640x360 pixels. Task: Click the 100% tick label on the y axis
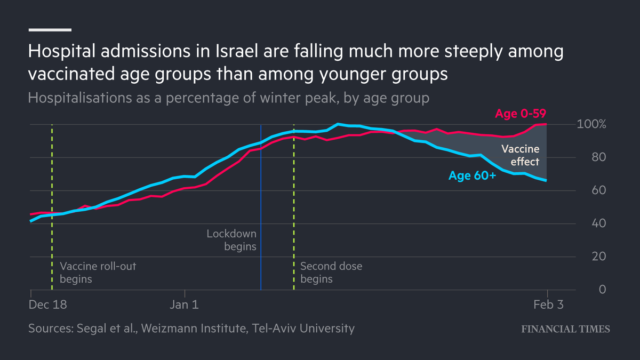[591, 124]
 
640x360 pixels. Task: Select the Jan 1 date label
[185, 305]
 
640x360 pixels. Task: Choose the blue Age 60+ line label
[472, 175]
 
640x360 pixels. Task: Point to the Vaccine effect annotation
[519, 155]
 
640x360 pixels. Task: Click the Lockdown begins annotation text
[231, 240]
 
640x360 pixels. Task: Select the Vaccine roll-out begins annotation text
[98, 272]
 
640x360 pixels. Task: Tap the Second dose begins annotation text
[331, 272]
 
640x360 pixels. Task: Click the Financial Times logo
[565, 329]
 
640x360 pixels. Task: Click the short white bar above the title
[50, 29]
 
